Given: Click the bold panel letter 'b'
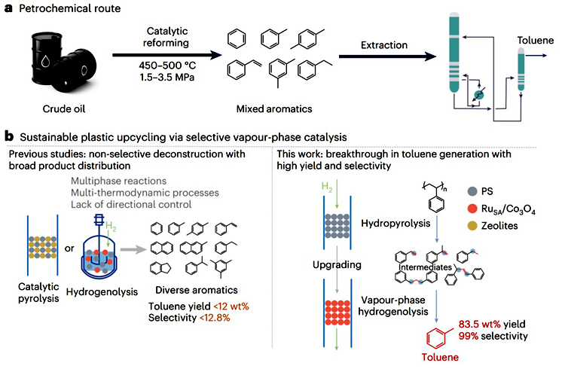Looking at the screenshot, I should (x=8, y=137).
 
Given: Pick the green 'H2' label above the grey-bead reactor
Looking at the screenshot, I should (x=304, y=181).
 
